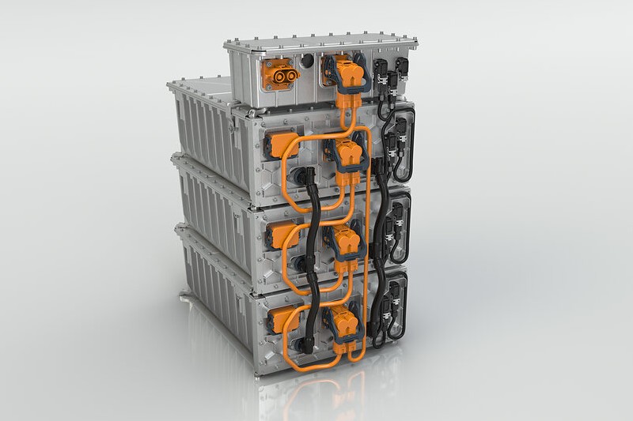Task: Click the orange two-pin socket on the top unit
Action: tap(281, 76)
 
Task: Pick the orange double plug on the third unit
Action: tap(347, 243)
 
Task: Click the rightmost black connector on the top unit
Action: tap(401, 69)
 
